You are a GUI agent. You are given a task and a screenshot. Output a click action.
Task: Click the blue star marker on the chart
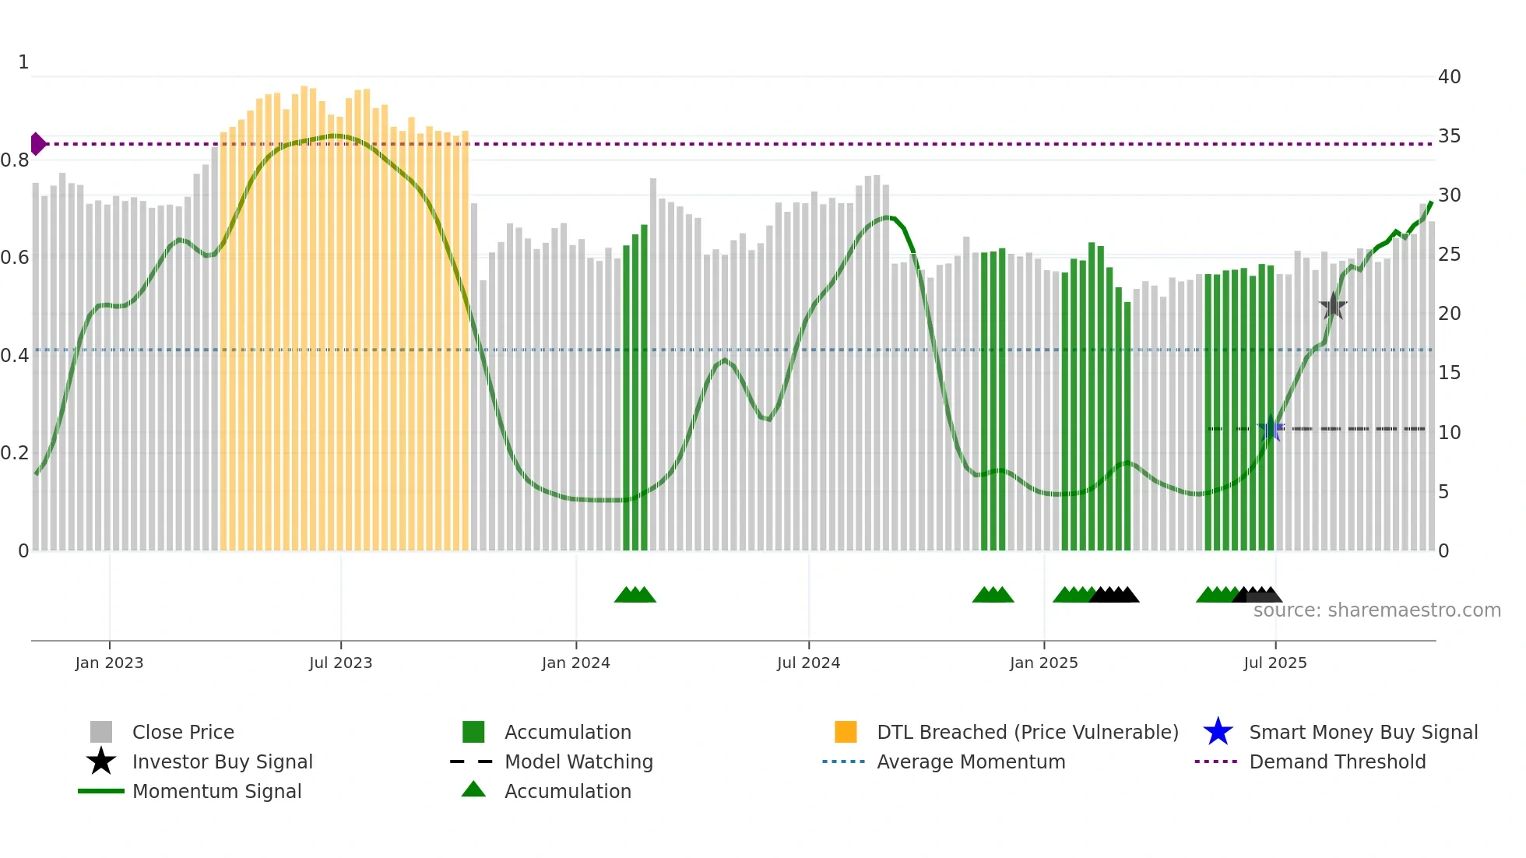(1271, 429)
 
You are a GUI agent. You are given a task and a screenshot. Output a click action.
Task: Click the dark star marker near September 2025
(1333, 307)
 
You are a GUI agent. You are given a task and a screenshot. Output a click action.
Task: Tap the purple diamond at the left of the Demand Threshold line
(37, 144)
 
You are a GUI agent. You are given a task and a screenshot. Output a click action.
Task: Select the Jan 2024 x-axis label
(575, 663)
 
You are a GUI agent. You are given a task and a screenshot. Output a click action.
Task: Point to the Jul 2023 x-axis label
(340, 663)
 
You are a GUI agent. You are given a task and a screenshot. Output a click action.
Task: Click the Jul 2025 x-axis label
(1275, 663)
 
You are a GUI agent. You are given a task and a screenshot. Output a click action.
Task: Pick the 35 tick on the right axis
(1449, 136)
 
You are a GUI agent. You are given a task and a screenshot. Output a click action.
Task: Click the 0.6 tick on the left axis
(15, 258)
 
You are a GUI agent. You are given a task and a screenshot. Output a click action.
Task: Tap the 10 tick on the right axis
(1449, 433)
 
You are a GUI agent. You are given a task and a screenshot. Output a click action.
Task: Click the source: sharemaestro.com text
(1377, 610)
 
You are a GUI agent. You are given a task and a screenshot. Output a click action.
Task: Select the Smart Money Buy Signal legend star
(1218, 732)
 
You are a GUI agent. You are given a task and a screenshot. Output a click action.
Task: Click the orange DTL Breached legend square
(846, 732)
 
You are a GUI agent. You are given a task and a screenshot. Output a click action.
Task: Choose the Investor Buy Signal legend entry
(222, 761)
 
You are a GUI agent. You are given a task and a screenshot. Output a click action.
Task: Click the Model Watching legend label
(578, 761)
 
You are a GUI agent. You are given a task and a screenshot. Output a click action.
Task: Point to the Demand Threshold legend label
(1337, 761)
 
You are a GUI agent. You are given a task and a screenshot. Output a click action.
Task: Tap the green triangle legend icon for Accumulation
(473, 789)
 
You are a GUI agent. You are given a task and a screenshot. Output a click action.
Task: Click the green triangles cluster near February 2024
(635, 596)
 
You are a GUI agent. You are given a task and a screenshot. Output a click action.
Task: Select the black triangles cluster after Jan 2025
(1115, 596)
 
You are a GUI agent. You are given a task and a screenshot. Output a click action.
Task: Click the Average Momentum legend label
(971, 761)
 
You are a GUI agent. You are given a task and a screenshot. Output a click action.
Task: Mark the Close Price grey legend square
(101, 732)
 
